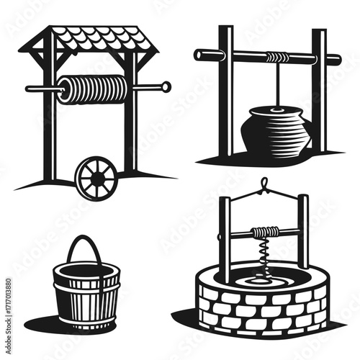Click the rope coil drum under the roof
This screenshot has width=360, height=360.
click(x=94, y=89)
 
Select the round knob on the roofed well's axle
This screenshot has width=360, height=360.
click(x=166, y=87)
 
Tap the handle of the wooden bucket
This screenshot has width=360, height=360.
click(x=84, y=248)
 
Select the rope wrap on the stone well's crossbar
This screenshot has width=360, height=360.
click(x=265, y=232)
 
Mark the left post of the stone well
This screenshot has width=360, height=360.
click(x=225, y=238)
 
